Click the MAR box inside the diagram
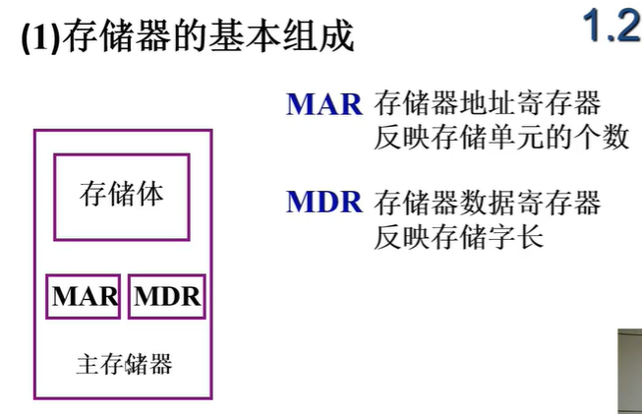84,296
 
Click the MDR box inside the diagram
166,296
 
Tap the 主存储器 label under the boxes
124,365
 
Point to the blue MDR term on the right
325,204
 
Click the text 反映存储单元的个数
501,137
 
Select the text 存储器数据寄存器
487,204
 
